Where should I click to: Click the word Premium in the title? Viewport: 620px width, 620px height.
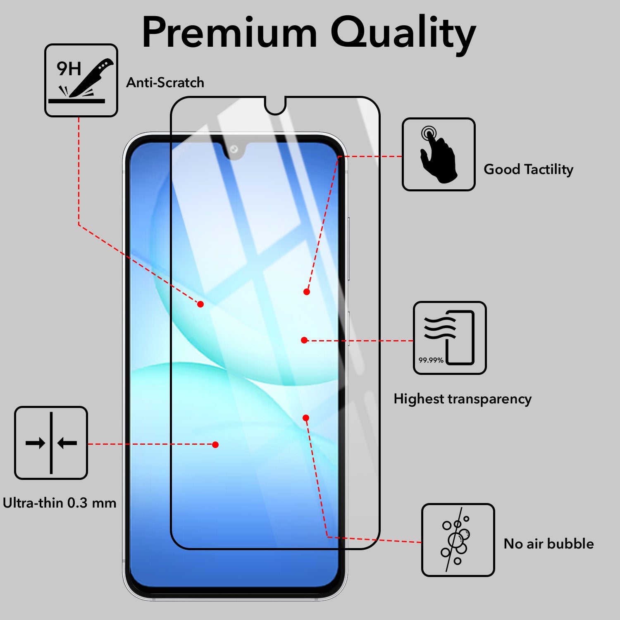tap(230, 32)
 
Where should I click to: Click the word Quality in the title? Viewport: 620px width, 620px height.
tap(403, 35)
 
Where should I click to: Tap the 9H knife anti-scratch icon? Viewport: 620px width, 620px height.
tap(81, 80)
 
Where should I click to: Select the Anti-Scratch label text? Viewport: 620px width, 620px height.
tap(165, 82)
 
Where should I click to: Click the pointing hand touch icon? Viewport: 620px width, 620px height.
tap(439, 154)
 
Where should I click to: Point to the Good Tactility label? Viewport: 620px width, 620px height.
tap(528, 169)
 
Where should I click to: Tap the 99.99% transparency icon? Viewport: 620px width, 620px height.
tap(450, 338)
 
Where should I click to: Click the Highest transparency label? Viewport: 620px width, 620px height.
tap(463, 399)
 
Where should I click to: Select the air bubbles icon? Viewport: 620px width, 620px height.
tap(458, 540)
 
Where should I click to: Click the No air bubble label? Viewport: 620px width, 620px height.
tap(548, 544)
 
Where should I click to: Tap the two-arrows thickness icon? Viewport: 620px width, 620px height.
tap(51, 443)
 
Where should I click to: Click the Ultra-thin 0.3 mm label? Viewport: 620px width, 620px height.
tap(60, 503)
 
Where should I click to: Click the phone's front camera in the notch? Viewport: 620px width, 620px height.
tap(234, 149)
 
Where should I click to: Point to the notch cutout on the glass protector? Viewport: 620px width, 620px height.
tap(275, 105)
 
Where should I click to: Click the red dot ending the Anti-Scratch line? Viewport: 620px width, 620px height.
tap(200, 304)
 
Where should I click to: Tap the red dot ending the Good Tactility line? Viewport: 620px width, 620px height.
tap(307, 292)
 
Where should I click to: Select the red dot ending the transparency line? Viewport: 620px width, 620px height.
tap(304, 340)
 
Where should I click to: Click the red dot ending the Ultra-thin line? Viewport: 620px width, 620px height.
tap(215, 445)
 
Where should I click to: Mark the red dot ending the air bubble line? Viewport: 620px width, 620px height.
tap(306, 418)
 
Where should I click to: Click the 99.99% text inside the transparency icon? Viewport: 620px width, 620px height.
tap(431, 360)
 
